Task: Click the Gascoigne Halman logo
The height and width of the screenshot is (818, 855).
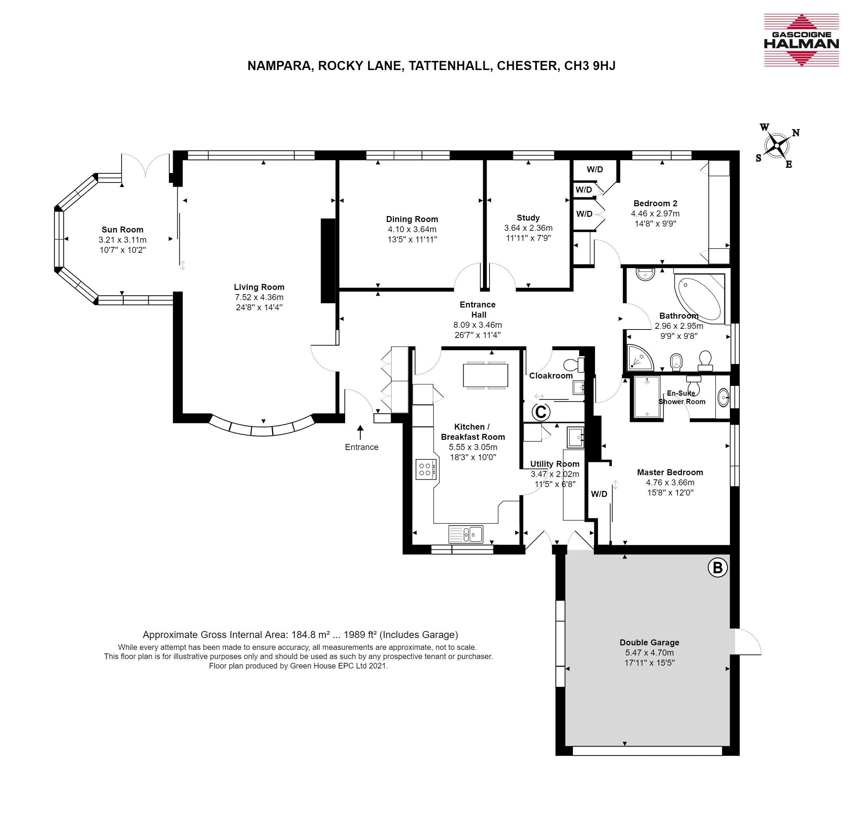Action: tap(801, 40)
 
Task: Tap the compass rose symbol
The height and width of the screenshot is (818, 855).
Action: tap(777, 146)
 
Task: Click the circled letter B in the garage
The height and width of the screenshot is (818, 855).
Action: tap(718, 568)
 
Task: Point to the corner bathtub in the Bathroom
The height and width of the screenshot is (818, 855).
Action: tap(699, 298)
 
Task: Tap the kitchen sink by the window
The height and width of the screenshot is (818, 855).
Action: tap(466, 534)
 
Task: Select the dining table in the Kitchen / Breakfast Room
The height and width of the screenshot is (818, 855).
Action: tap(486, 375)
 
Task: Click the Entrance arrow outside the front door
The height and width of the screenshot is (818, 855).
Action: tap(360, 432)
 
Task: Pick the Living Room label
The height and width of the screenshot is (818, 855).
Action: tap(259, 287)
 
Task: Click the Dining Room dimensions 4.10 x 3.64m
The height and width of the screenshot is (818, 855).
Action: tap(412, 229)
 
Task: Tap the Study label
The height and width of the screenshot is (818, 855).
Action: tap(528, 217)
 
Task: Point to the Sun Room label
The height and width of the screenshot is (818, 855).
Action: tap(122, 230)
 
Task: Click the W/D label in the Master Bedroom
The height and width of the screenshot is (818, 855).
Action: tap(599, 494)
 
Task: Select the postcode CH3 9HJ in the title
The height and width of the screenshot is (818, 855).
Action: tap(590, 65)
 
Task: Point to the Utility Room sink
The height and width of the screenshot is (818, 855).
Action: tap(575, 437)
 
